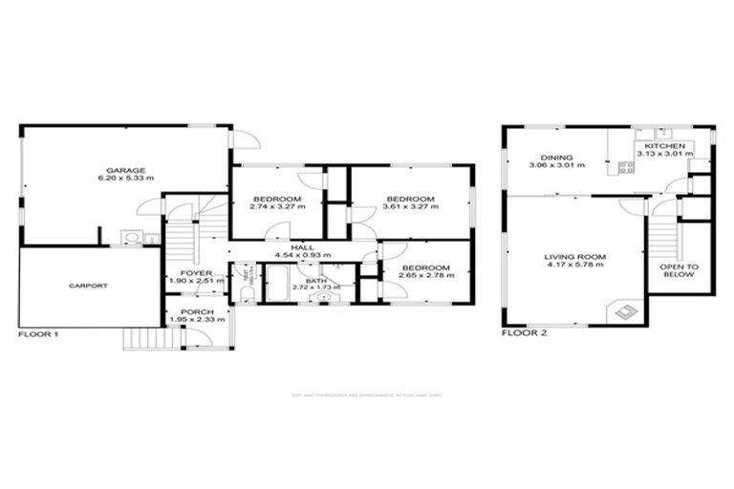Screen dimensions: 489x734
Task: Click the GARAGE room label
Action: [126, 170]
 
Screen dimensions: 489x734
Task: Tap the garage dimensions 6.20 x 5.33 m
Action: [126, 179]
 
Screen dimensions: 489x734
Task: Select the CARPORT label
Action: [87, 286]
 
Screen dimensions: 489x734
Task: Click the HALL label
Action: [302, 247]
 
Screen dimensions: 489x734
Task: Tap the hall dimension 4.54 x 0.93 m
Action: [302, 256]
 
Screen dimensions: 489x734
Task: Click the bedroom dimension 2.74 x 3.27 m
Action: [277, 206]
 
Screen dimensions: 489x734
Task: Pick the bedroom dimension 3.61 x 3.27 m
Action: [409, 206]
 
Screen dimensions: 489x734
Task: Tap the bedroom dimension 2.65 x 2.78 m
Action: [426, 275]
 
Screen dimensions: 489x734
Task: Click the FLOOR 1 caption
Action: [39, 335]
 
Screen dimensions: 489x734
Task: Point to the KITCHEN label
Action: [664, 146]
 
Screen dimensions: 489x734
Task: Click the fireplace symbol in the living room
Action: [625, 309]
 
